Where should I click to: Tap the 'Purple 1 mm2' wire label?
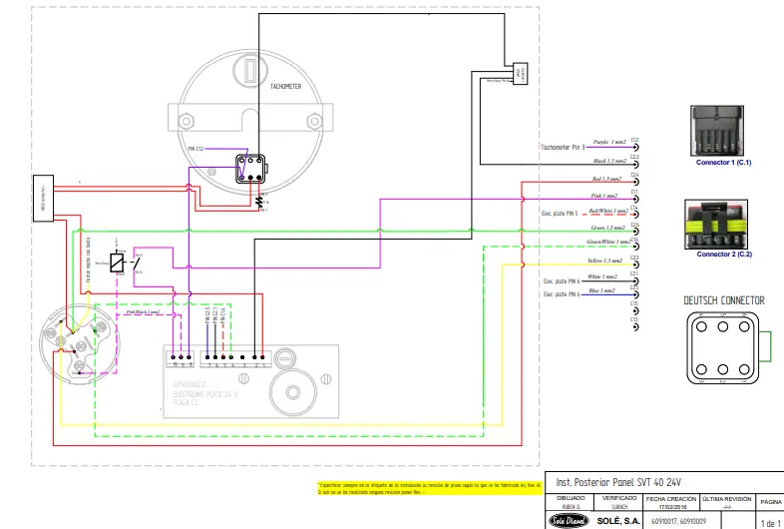click(x=609, y=143)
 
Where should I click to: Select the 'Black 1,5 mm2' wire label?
click(x=608, y=160)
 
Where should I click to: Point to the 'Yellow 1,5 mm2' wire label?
click(x=607, y=261)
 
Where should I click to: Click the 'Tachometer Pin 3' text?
click(x=564, y=147)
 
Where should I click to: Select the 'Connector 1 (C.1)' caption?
click(x=723, y=162)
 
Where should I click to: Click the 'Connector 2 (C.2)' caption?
click(x=723, y=255)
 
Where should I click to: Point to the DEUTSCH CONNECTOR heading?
click(x=724, y=300)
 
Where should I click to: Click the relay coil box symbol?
click(x=117, y=263)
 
